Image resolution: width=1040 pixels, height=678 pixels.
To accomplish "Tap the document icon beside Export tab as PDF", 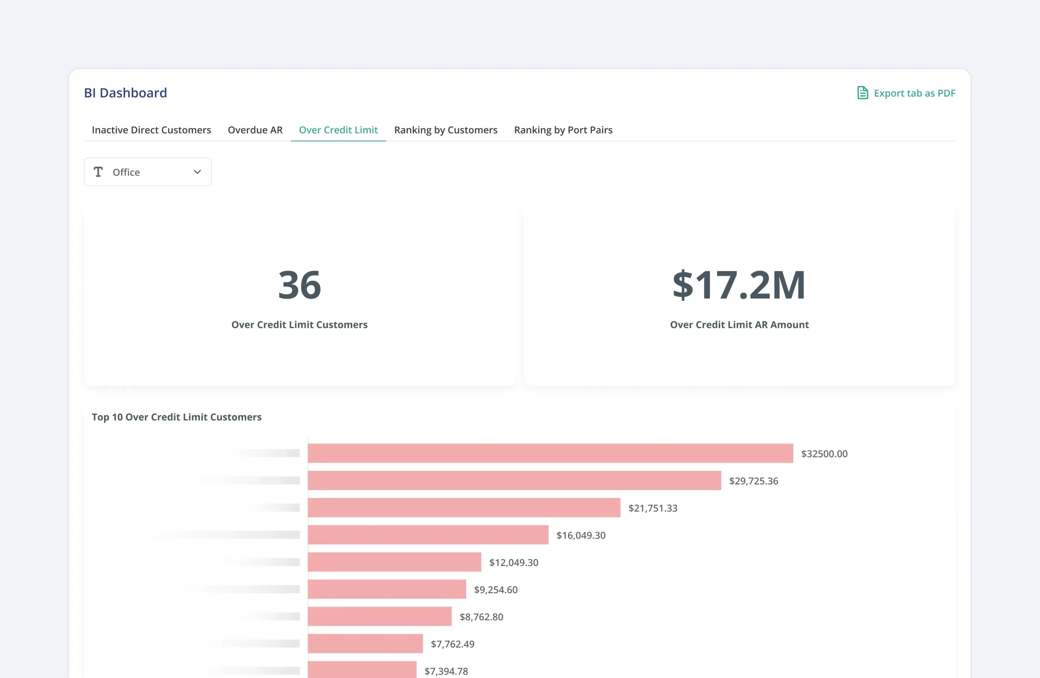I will point(862,93).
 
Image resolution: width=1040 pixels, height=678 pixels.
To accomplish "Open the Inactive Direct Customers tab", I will point(151,130).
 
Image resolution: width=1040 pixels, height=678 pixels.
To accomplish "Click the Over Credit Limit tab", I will point(338,130).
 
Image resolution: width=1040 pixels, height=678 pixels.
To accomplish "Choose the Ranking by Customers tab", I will point(445,130).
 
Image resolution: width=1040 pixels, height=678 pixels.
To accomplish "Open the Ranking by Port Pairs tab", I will point(563,130).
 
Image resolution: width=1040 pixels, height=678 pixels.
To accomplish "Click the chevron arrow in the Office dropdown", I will point(197,172).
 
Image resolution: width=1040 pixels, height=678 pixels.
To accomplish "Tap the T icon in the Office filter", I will point(98,172).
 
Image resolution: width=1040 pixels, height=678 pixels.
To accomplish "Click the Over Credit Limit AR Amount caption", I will point(739,325).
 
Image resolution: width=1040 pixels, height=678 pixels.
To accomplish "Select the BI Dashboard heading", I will point(125,93).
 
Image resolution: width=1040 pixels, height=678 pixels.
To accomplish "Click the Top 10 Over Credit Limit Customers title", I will point(177,417).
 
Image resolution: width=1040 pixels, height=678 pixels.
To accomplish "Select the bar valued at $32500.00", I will point(550,453).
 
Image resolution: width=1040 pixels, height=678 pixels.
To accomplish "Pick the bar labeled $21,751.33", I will point(464,508).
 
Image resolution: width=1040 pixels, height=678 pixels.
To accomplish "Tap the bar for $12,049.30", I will point(394,562).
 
